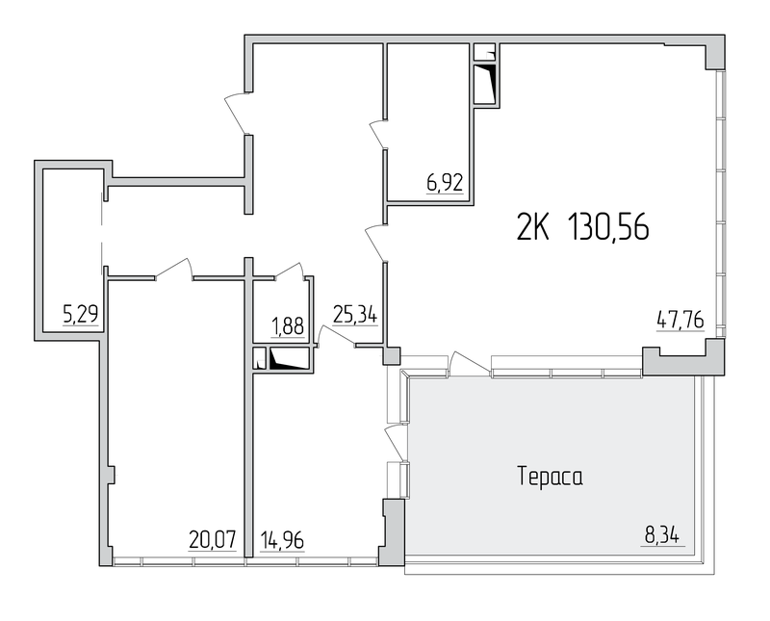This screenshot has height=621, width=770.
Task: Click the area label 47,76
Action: coord(680,320)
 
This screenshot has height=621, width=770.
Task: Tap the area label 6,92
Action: coord(445,183)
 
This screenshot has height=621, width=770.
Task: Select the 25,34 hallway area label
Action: coord(355,314)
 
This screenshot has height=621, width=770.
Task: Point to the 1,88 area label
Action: coord(287,326)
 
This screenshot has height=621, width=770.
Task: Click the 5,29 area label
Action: coord(81,314)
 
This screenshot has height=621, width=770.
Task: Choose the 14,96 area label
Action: coord(282,540)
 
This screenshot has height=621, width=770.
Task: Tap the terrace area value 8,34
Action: coord(662,535)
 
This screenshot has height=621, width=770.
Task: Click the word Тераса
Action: coord(550,477)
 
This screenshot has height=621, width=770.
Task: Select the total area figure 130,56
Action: coord(608,227)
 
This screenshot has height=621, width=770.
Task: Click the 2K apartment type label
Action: coord(533,227)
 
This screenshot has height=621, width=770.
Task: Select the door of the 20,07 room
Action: coord(174,269)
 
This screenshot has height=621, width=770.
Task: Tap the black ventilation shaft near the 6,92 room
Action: coord(486,84)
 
